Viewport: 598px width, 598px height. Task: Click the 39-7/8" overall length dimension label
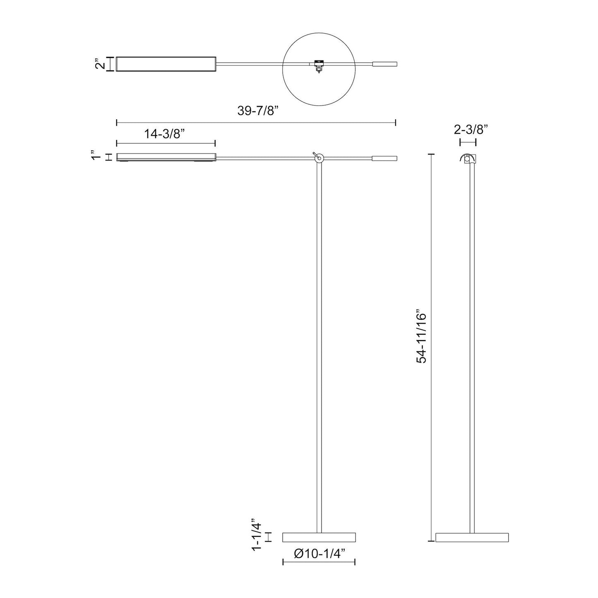(257, 111)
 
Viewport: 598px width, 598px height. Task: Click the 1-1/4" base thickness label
(257, 537)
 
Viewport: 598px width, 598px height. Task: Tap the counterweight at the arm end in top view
(385, 64)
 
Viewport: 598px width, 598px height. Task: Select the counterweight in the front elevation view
(385, 158)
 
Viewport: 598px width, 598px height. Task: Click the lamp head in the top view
(166, 64)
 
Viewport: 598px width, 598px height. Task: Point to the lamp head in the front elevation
(166, 157)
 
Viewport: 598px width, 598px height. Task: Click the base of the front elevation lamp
(319, 537)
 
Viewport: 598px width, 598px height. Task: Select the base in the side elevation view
(472, 537)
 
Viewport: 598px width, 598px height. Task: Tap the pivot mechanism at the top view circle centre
(318, 65)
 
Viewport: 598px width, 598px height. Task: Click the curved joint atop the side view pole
(468, 159)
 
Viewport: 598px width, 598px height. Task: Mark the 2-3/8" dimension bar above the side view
(468, 142)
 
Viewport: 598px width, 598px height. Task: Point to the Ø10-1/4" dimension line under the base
(319, 562)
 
